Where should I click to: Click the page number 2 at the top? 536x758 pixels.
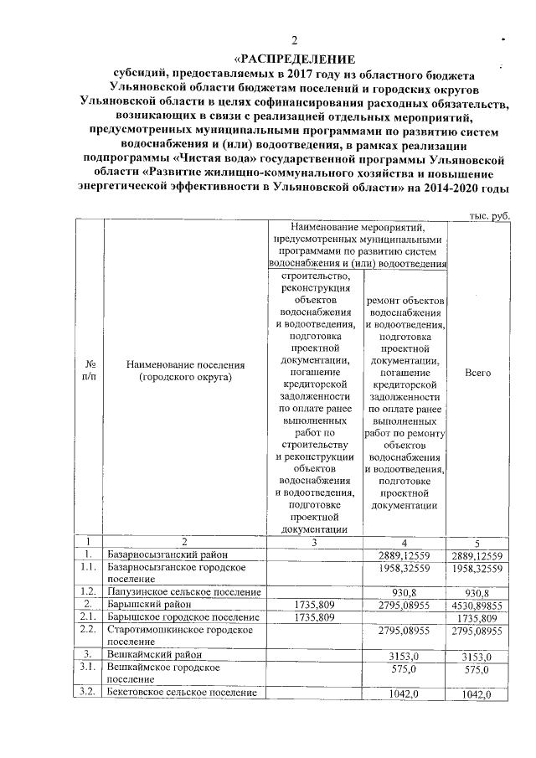point(294,42)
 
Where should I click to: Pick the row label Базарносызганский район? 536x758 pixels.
point(167,554)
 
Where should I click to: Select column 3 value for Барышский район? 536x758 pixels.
point(316,604)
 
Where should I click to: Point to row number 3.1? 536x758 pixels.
point(89,668)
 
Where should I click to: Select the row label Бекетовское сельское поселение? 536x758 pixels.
point(183,694)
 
